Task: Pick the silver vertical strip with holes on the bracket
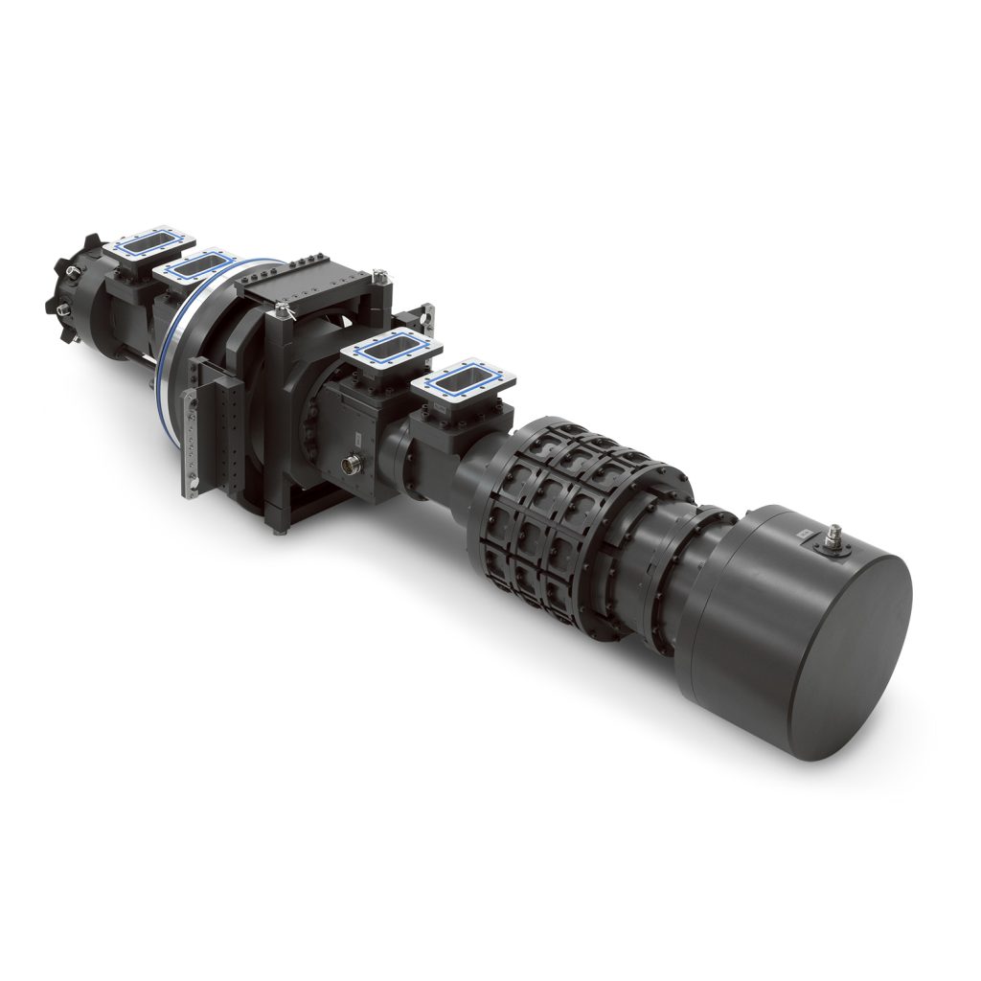pyautogui.click(x=193, y=436)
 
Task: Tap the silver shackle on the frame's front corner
pyautogui.click(x=282, y=309)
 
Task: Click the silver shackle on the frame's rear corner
pyautogui.click(x=383, y=279)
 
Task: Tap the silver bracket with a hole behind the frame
pyautogui.click(x=425, y=317)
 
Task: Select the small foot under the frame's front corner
pyautogui.click(x=279, y=530)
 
